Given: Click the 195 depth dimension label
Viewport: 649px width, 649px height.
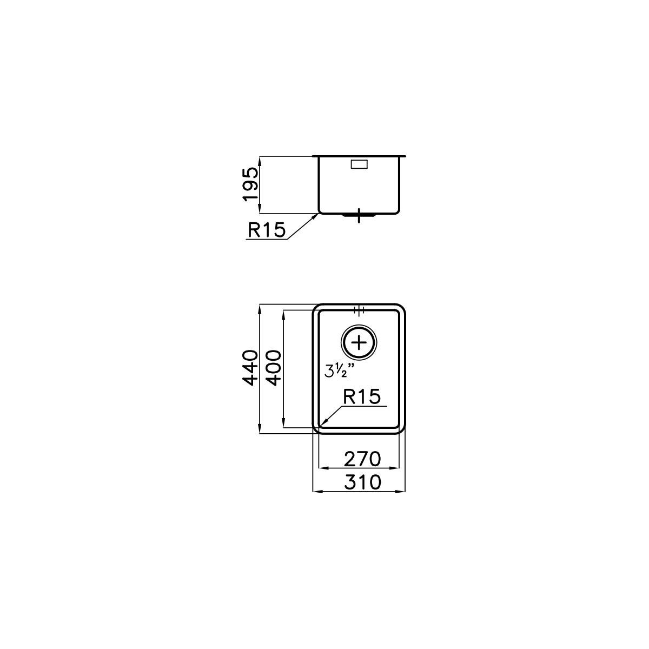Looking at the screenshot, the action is coord(250,184).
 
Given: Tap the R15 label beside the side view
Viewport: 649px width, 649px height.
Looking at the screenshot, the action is coord(267,230).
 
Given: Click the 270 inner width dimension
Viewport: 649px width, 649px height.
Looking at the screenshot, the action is coord(362,459).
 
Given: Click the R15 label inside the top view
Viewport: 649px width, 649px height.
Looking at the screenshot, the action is coord(362,396).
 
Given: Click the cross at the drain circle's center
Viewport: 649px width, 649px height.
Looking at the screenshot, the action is coord(359,343).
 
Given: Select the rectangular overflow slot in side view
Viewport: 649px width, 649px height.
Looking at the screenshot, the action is coord(360,164).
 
